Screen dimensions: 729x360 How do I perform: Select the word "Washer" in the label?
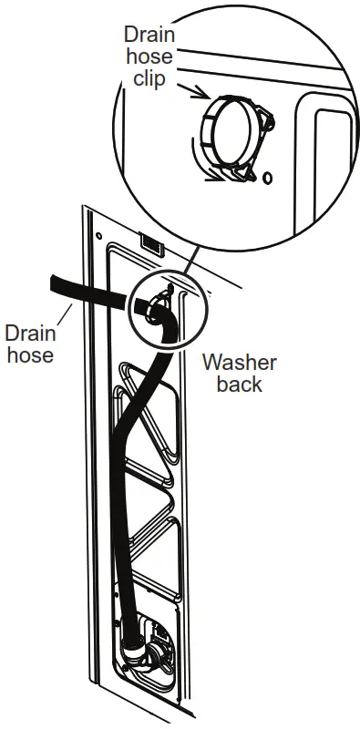pos(239,363)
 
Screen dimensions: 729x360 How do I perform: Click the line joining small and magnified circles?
pos(190,264)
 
